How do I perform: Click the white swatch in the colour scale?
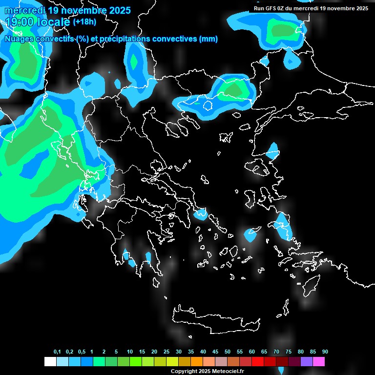[x=50, y=362]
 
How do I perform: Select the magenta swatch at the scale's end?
[x=319, y=362]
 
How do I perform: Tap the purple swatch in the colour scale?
[x=307, y=362]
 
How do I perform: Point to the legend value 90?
[x=325, y=352]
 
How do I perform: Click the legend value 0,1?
[x=57, y=352]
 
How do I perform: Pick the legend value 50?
[x=228, y=352]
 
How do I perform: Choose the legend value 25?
[x=167, y=352]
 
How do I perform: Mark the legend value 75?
[x=289, y=352]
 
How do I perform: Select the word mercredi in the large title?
[x=25, y=10]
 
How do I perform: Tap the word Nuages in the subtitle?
[x=18, y=39]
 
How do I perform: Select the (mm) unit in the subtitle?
[x=208, y=39]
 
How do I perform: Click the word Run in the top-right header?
[x=259, y=8]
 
